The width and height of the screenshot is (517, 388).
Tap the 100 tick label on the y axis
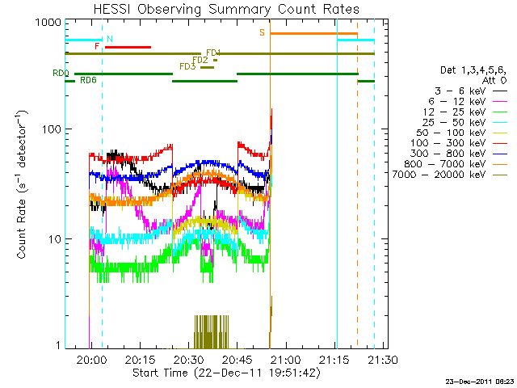(x=53, y=129)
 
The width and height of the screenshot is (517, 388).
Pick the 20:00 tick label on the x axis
(x=90, y=360)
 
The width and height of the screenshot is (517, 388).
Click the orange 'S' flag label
(x=262, y=32)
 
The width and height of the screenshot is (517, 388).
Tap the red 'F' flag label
(x=97, y=46)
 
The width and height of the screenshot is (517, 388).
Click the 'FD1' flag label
(x=213, y=53)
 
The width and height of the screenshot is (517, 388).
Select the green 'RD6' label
(x=89, y=80)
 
